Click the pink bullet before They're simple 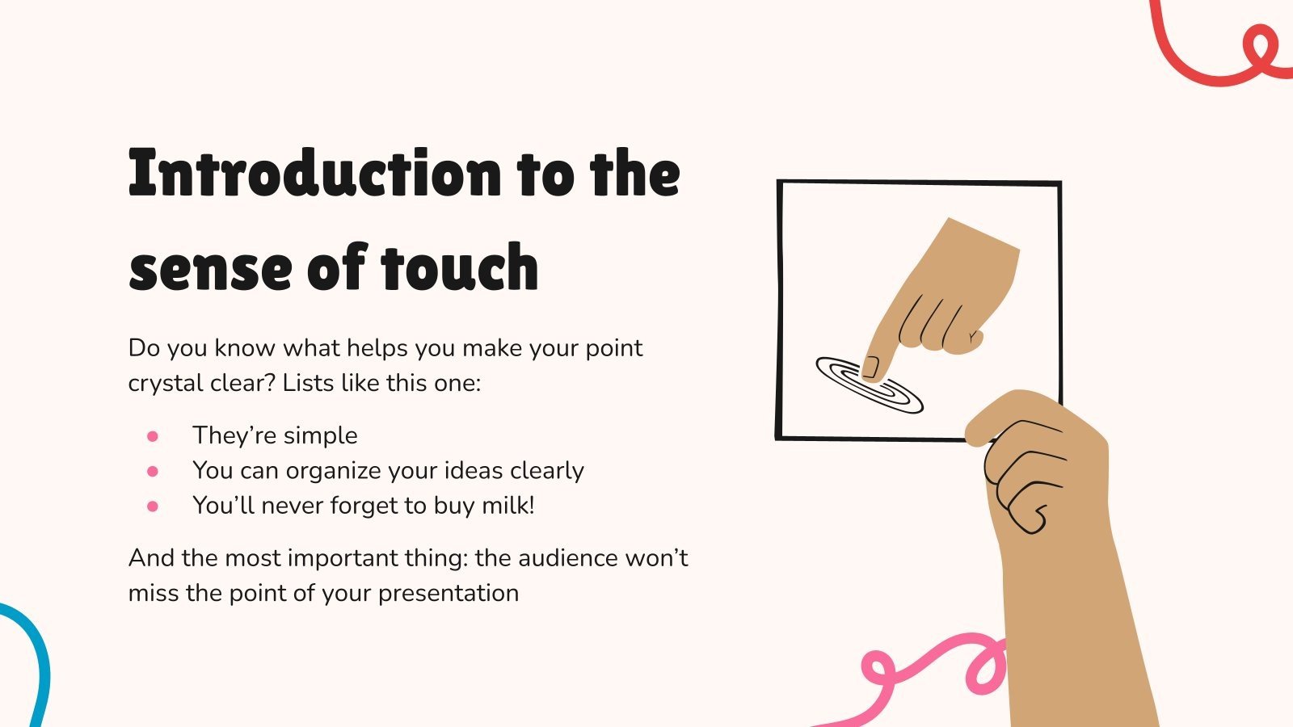coord(153,436)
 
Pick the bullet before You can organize coord(153,471)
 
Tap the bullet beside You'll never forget coord(153,506)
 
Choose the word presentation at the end coord(449,593)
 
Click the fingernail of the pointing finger coord(871,368)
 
